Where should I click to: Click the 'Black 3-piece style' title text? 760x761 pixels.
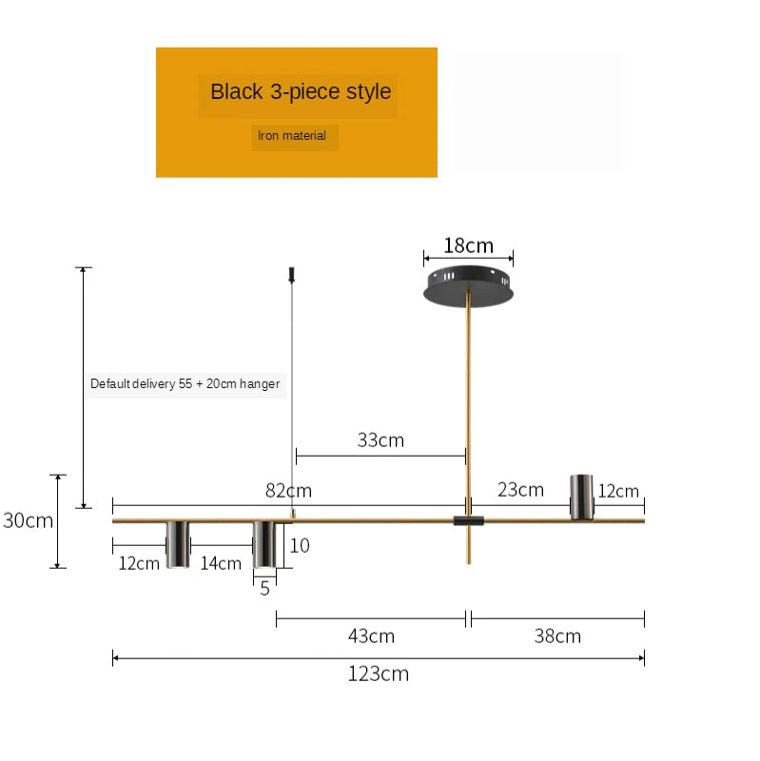tap(301, 92)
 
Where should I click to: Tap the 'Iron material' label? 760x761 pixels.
tap(292, 136)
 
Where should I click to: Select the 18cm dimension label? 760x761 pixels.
tap(468, 245)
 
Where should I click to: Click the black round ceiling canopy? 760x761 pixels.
tap(469, 285)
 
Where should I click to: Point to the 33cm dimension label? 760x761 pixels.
tap(380, 439)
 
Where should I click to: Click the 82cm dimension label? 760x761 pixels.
tap(288, 491)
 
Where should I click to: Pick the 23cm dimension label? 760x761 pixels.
tap(520, 490)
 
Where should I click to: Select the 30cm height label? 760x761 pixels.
tap(28, 520)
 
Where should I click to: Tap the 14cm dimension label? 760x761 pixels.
tap(221, 563)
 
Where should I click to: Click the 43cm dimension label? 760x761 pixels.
tap(371, 636)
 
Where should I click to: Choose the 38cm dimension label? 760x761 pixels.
tap(557, 636)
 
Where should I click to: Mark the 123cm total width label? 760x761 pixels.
tap(378, 674)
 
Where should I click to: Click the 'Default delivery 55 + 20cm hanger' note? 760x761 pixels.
tap(185, 384)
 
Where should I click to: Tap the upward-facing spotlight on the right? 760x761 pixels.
tap(581, 497)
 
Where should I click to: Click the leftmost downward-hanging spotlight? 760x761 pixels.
tap(177, 544)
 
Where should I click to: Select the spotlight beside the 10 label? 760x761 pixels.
tap(265, 544)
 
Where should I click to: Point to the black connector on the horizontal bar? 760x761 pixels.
tap(468, 520)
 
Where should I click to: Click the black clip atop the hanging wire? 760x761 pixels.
tap(290, 275)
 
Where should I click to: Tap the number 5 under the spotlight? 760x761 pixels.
tap(264, 589)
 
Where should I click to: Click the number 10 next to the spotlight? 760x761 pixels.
tap(300, 546)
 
